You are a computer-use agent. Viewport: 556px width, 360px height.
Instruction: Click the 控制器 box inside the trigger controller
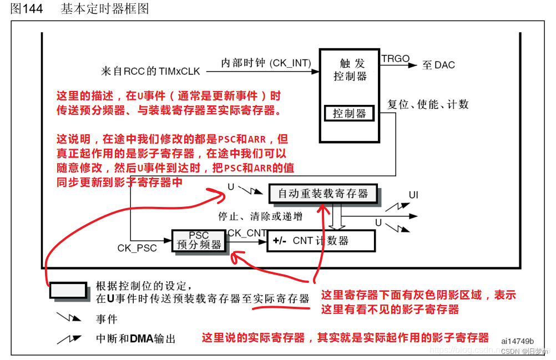click(349, 114)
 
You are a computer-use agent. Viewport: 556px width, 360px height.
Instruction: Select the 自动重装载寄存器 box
click(322, 194)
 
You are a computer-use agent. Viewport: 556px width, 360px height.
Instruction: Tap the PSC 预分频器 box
click(199, 241)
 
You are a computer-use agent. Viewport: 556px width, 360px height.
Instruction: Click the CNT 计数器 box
click(321, 241)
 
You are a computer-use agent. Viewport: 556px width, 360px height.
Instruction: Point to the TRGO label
click(395, 58)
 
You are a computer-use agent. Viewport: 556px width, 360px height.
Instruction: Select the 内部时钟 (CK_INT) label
click(266, 63)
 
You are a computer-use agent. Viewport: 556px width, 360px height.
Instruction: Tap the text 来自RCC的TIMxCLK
click(150, 71)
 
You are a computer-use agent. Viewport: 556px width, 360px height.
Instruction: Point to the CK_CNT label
click(247, 232)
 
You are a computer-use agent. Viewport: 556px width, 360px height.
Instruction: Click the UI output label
click(413, 195)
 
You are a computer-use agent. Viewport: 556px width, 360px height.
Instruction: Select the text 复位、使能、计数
click(428, 104)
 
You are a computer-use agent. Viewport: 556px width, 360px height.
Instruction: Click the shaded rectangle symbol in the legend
click(68, 290)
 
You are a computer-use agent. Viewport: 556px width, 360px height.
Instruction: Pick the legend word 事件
click(107, 319)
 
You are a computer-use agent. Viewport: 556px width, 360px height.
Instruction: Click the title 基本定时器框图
click(104, 9)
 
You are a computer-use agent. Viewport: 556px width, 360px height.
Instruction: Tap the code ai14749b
click(517, 341)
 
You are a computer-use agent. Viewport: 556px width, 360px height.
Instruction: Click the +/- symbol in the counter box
click(280, 241)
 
